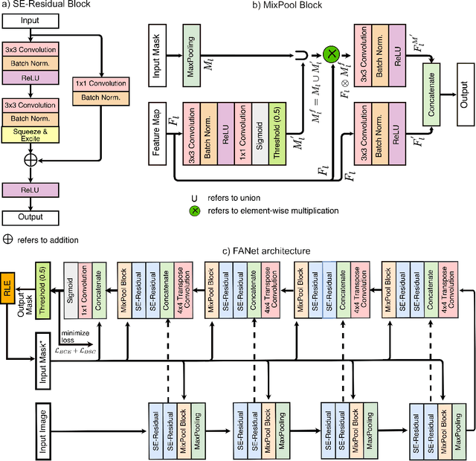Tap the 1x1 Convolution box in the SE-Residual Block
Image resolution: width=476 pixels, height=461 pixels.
tap(100, 83)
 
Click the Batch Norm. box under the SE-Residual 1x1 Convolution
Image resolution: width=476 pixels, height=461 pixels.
tap(100, 97)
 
